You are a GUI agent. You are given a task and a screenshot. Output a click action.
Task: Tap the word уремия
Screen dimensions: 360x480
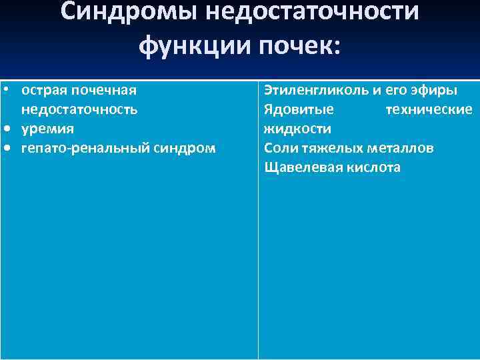coord(47,128)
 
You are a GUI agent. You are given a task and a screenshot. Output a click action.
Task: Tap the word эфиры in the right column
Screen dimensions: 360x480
coord(436,89)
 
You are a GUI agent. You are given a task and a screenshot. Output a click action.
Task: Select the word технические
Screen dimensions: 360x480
coord(429,109)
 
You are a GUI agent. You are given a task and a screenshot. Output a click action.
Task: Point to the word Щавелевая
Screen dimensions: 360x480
coord(302,167)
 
